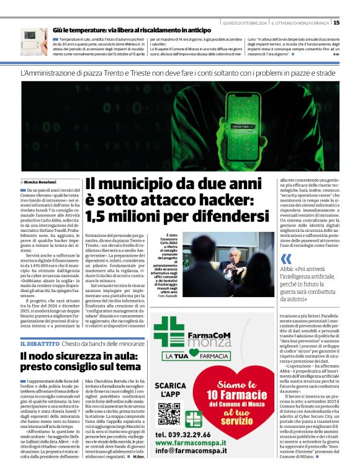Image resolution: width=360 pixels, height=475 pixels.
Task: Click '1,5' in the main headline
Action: click(x=101, y=216)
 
